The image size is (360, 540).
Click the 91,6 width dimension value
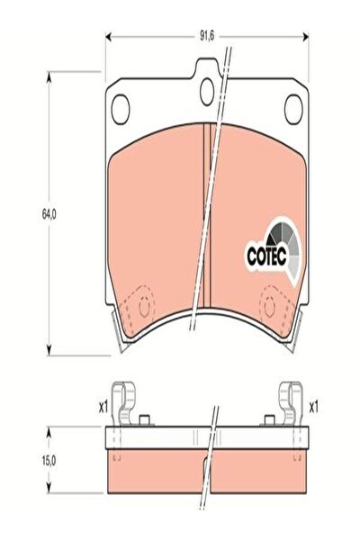207,36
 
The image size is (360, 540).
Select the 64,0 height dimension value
49,214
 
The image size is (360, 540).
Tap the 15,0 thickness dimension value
49,461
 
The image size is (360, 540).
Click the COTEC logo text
266,256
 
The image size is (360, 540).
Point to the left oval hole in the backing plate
121,109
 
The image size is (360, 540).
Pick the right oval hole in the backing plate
293,109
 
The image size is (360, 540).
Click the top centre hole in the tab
207,92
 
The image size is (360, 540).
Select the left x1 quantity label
103,408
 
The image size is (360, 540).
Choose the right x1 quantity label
313,408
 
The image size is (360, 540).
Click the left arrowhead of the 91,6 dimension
108,37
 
